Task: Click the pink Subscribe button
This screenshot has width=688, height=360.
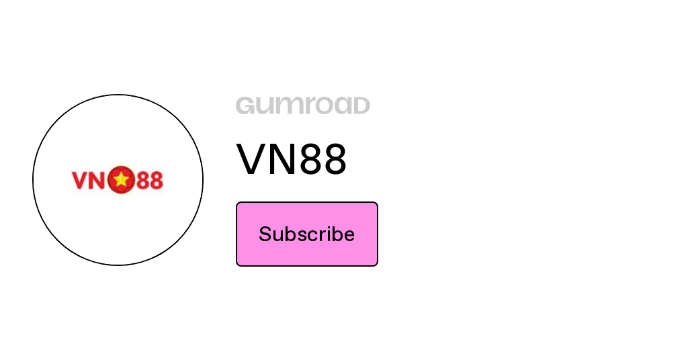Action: [x=306, y=234]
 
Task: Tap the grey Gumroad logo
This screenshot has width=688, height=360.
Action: [x=303, y=105]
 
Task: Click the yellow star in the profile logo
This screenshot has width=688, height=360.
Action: [x=121, y=179]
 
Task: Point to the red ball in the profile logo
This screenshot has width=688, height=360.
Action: [x=121, y=180]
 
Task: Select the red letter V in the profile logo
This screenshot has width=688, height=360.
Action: [x=80, y=180]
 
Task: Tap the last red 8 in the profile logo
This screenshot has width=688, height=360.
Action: [x=156, y=180]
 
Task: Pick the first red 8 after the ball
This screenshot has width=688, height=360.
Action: [x=142, y=180]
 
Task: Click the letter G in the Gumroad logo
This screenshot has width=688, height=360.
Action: [x=245, y=105]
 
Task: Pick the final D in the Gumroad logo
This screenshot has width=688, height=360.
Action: [x=361, y=105]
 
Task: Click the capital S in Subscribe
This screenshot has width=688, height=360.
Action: [x=266, y=234]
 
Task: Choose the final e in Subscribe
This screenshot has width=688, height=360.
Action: [x=349, y=236]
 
